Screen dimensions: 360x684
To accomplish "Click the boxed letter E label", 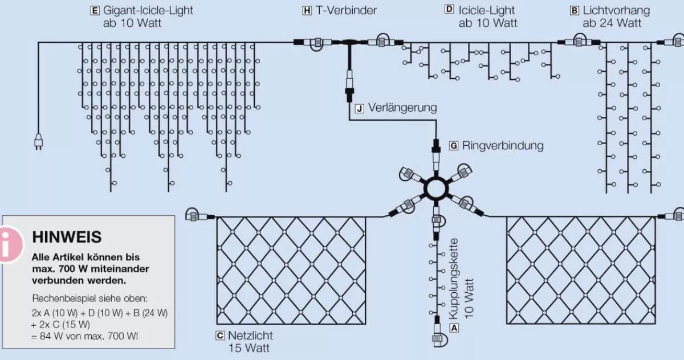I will (95, 11).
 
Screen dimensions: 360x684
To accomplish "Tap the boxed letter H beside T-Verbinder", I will (307, 11).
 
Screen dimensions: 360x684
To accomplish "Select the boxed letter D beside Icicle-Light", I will (449, 10).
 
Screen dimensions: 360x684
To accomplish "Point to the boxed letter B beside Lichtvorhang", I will (574, 11).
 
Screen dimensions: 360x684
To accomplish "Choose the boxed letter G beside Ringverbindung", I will (454, 146).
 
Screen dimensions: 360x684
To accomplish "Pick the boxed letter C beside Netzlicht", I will (220, 336).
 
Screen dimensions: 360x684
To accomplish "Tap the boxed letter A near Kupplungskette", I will (454, 328).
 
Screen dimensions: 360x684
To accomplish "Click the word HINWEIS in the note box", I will (67, 237).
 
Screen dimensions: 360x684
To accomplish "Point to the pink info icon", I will (9, 244).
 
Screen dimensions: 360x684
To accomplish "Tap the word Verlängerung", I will (402, 108).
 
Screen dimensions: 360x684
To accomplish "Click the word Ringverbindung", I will (503, 146).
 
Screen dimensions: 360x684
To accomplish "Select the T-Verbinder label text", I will (346, 11).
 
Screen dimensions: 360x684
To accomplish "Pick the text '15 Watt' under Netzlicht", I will (249, 347).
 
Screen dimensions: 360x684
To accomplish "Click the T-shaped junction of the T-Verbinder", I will (347, 43).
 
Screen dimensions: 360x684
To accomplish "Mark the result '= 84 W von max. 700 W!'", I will (85, 336).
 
